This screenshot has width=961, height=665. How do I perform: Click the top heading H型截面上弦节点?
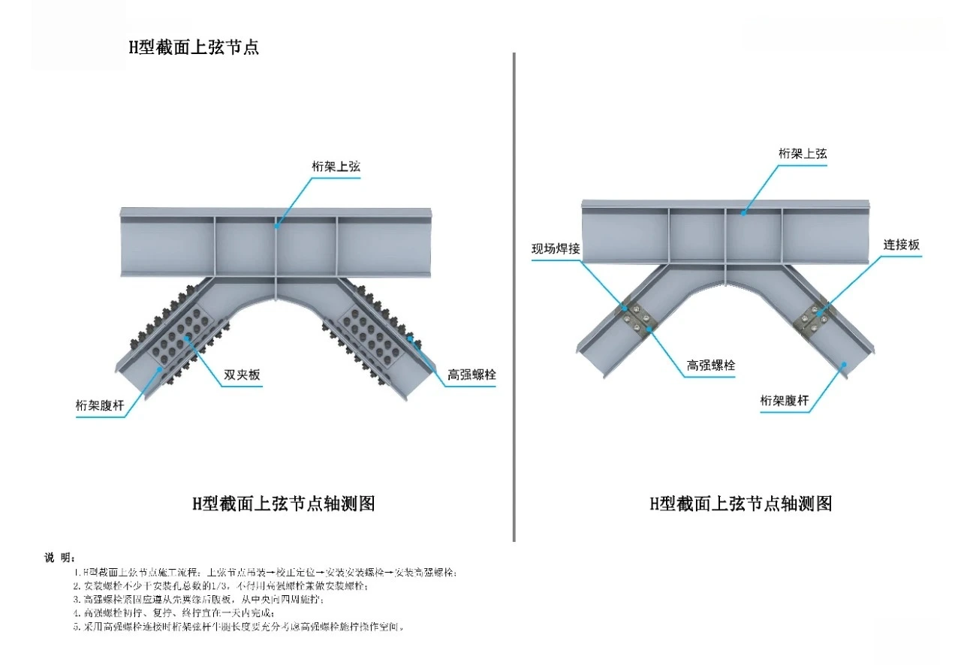point(194,47)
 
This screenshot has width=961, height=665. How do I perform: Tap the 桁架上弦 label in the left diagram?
point(336,167)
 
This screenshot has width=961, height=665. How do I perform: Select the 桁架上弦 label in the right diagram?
point(803,153)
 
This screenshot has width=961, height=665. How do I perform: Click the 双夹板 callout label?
point(243,375)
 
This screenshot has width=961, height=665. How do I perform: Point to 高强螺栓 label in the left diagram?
point(471,374)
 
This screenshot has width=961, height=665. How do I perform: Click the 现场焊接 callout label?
point(556,248)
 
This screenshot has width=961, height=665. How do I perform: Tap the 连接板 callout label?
point(901,245)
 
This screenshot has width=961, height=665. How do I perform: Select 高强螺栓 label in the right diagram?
point(711,366)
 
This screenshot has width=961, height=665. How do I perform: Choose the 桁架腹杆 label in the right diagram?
point(785,402)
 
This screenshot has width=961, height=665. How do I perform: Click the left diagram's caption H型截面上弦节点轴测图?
point(284,504)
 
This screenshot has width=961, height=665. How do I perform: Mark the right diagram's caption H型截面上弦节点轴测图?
point(741,504)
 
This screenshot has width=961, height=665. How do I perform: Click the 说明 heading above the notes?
point(59,557)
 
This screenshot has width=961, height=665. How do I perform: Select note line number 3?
point(199,600)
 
